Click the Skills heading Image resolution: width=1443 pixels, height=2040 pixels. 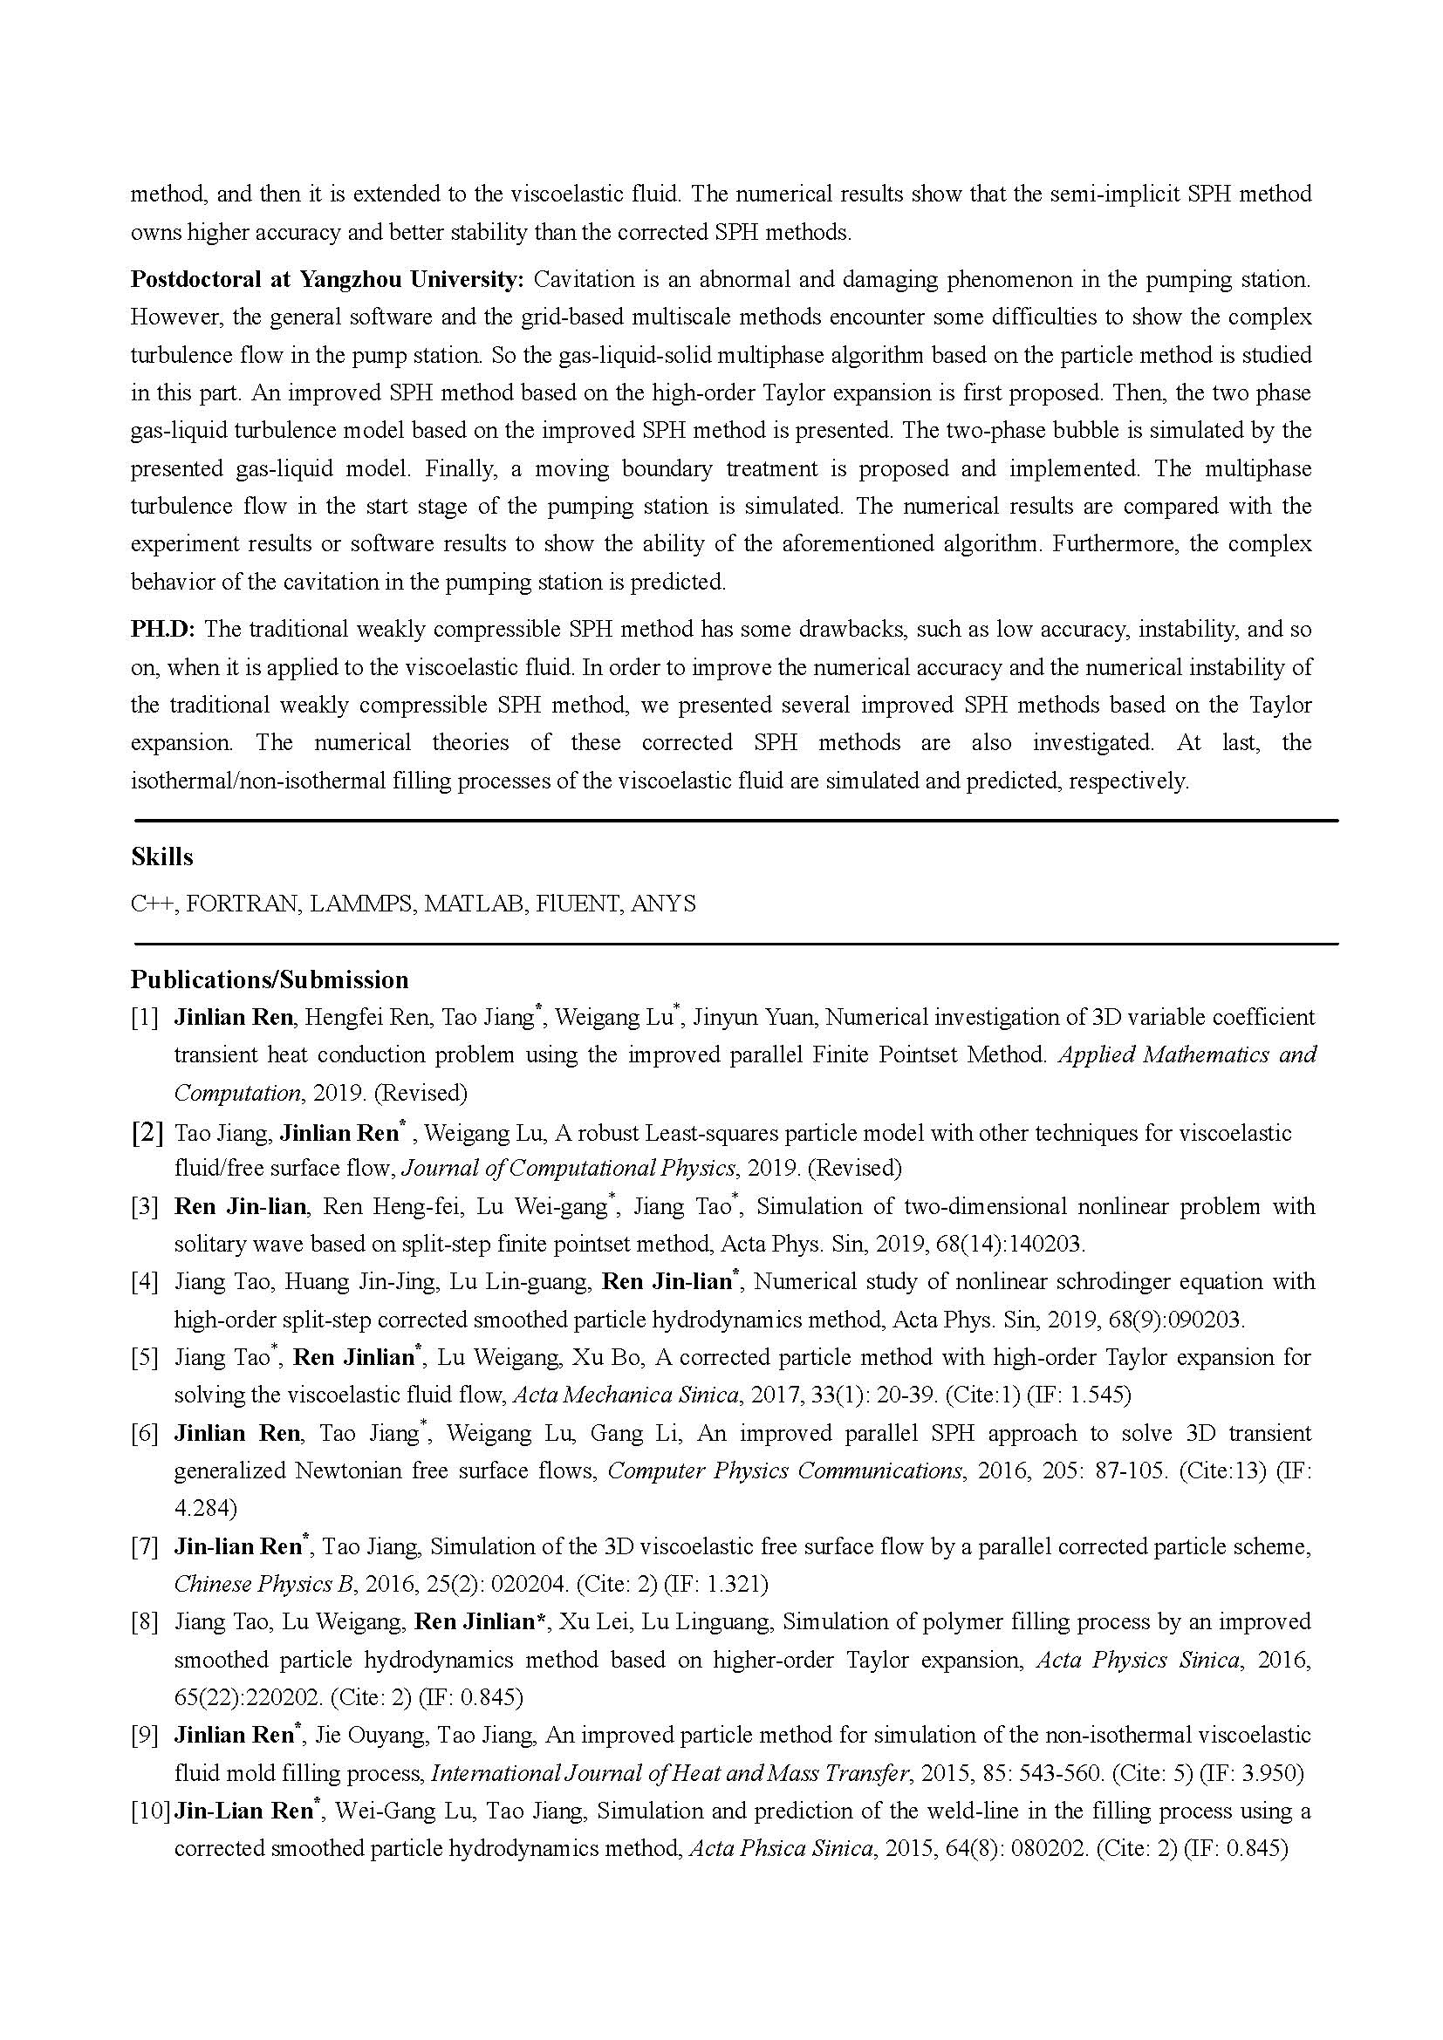[161, 856]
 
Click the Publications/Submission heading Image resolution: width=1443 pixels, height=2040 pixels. [270, 979]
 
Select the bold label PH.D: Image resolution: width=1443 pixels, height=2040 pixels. [163, 629]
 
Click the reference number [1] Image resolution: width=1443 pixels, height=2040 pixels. [144, 1017]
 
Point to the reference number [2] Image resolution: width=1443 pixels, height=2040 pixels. [147, 1132]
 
